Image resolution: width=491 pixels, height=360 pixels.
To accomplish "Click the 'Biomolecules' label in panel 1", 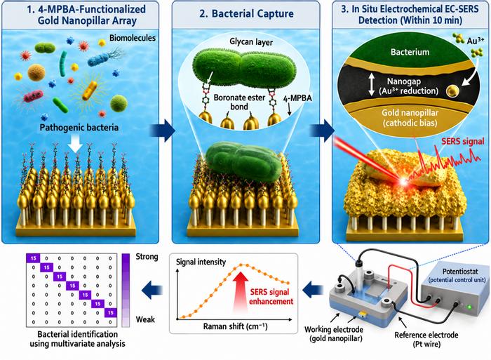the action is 132,38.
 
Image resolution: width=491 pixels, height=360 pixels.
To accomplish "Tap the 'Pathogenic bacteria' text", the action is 79,128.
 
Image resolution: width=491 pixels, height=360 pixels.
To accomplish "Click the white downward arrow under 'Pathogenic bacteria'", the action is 76,145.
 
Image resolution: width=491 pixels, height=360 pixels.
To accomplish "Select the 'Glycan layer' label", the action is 251,42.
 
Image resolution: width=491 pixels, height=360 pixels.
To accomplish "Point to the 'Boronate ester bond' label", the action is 239,102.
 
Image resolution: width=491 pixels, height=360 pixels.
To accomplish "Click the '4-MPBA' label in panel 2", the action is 297,98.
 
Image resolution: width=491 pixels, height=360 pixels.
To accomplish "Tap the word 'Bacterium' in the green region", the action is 410,52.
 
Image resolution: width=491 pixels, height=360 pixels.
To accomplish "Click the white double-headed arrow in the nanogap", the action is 371,84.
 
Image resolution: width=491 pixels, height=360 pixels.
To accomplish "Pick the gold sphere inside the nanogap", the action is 452,91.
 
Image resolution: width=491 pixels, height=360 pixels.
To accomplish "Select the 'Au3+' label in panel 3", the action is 476,41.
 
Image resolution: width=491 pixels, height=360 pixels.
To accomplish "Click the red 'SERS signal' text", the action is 463,141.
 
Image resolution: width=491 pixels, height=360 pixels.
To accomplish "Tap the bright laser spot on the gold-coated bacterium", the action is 403,181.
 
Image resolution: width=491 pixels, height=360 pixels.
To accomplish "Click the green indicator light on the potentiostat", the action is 469,307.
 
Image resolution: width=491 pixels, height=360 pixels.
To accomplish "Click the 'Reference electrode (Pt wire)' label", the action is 426,340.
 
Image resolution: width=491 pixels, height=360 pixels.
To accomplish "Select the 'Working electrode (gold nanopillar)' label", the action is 334,334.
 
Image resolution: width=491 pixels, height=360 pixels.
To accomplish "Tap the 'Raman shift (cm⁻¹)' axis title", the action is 235,326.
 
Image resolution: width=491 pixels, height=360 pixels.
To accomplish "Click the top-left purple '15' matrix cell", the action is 33,258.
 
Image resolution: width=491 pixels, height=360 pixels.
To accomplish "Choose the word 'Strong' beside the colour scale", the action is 147,257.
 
